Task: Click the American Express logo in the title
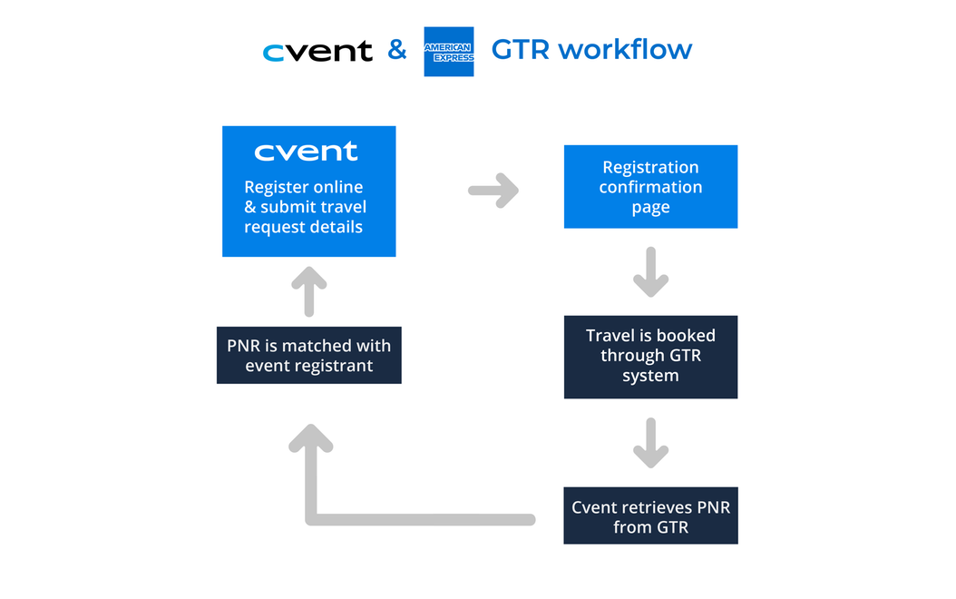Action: (448, 52)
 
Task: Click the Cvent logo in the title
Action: (317, 52)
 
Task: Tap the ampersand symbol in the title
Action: (397, 50)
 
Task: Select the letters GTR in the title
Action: (521, 49)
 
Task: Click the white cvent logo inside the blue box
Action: (306, 152)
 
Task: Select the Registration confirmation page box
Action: (650, 187)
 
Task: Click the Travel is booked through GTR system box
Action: (650, 356)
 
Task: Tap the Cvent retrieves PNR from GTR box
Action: (650, 517)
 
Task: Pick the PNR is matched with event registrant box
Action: (308, 355)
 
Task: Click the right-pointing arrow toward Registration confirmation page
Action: (493, 191)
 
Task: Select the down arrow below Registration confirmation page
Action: (650, 272)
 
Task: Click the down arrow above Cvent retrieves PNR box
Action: (650, 443)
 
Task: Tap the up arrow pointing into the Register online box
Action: (308, 290)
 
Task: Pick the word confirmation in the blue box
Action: (650, 187)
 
